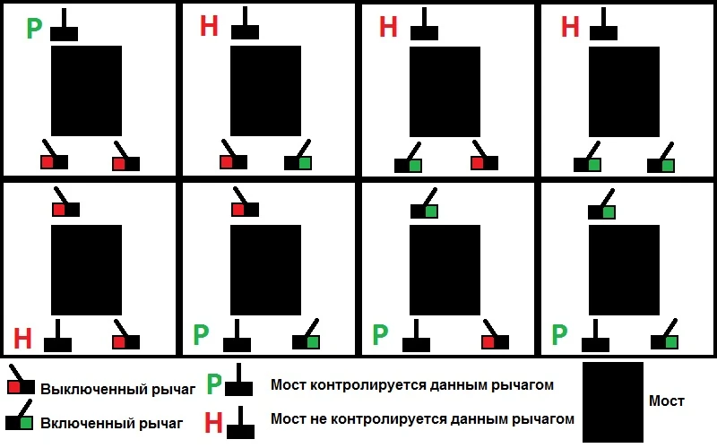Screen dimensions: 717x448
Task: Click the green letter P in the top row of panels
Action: (34, 29)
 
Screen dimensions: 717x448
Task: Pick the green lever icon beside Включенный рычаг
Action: (21, 419)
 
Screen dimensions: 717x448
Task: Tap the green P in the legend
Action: (213, 383)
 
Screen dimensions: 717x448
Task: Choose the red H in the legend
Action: (213, 421)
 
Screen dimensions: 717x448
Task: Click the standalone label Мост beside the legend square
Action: (667, 401)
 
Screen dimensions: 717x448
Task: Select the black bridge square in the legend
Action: (613, 401)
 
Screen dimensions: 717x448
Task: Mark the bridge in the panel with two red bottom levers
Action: (86, 90)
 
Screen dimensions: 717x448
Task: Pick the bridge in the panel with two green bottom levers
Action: (623, 90)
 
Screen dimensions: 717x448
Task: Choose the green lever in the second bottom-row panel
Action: (307, 339)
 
